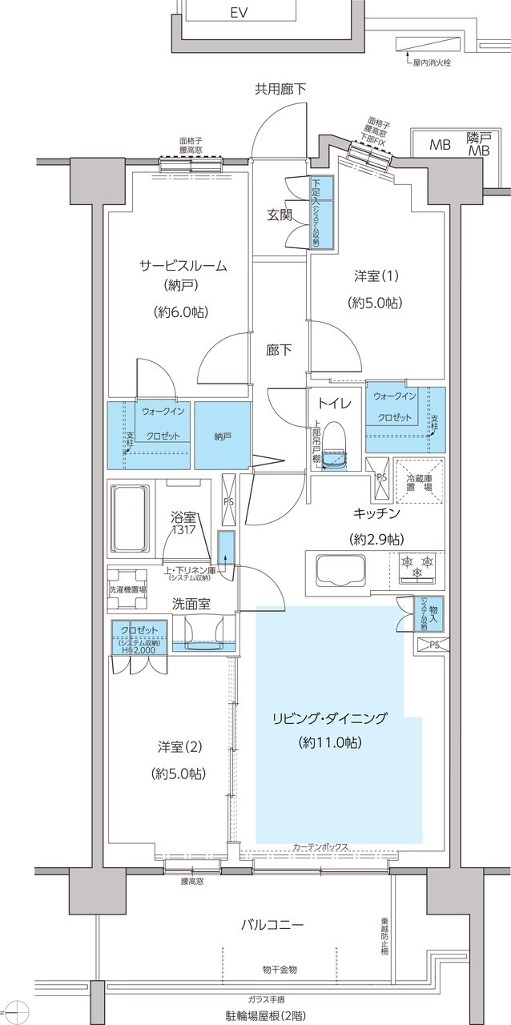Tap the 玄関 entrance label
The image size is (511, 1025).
280,215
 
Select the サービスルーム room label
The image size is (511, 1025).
183,266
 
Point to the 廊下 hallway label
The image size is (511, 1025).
279,349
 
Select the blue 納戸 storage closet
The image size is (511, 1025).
222,435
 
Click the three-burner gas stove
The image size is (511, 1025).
416,565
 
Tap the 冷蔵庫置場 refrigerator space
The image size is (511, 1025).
417,480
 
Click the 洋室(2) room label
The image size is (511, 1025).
179,748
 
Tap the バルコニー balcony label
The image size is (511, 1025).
272,924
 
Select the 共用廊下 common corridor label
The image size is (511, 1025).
280,89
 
